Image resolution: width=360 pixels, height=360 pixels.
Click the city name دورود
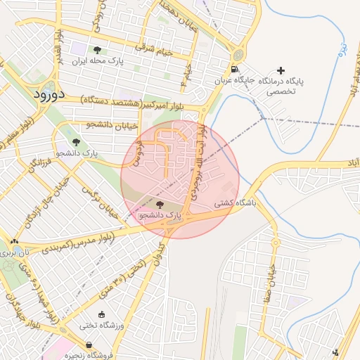click(x=48, y=93)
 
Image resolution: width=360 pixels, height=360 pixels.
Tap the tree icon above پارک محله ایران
click(x=96, y=50)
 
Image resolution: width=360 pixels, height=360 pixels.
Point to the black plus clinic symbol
click(x=281, y=70)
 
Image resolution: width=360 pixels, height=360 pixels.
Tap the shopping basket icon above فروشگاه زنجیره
click(x=89, y=345)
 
